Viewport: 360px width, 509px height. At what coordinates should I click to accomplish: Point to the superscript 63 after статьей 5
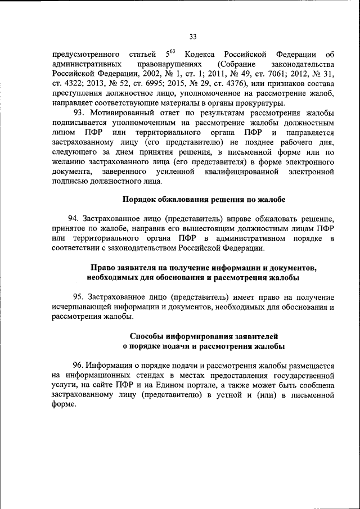coord(172,52)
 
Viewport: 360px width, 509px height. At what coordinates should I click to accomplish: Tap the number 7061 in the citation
coord(276,74)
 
